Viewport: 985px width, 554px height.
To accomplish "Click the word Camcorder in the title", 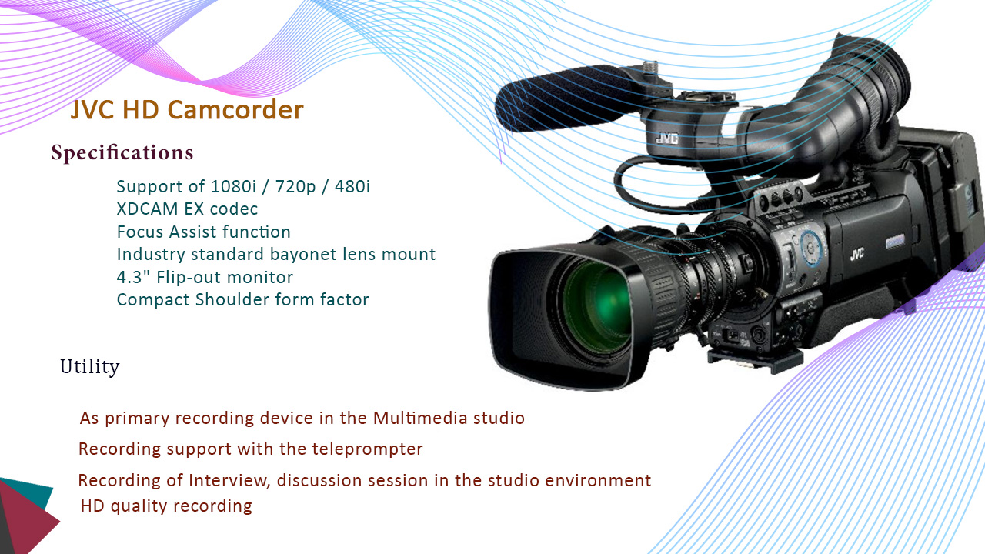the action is pyautogui.click(x=235, y=109).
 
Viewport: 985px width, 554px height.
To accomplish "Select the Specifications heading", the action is pyautogui.click(x=122, y=152).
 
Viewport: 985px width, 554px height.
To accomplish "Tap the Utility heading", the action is pyautogui.click(x=90, y=367).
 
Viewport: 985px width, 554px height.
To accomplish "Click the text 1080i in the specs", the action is pyautogui.click(x=233, y=186).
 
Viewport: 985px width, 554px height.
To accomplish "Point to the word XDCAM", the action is pyautogui.click(x=147, y=209).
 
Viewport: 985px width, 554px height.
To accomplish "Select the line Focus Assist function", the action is pyautogui.click(x=204, y=232).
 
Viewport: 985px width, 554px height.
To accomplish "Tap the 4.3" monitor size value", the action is pyautogui.click(x=134, y=277).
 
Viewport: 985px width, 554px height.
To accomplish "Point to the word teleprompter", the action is pyautogui.click(x=368, y=449).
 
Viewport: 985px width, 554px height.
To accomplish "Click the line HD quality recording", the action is pyautogui.click(x=166, y=506).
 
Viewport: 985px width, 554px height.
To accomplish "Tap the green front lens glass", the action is pyautogui.click(x=598, y=303).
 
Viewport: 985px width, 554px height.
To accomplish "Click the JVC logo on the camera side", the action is pyautogui.click(x=856, y=254).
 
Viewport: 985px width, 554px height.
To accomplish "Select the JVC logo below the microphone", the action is pyautogui.click(x=667, y=138).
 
